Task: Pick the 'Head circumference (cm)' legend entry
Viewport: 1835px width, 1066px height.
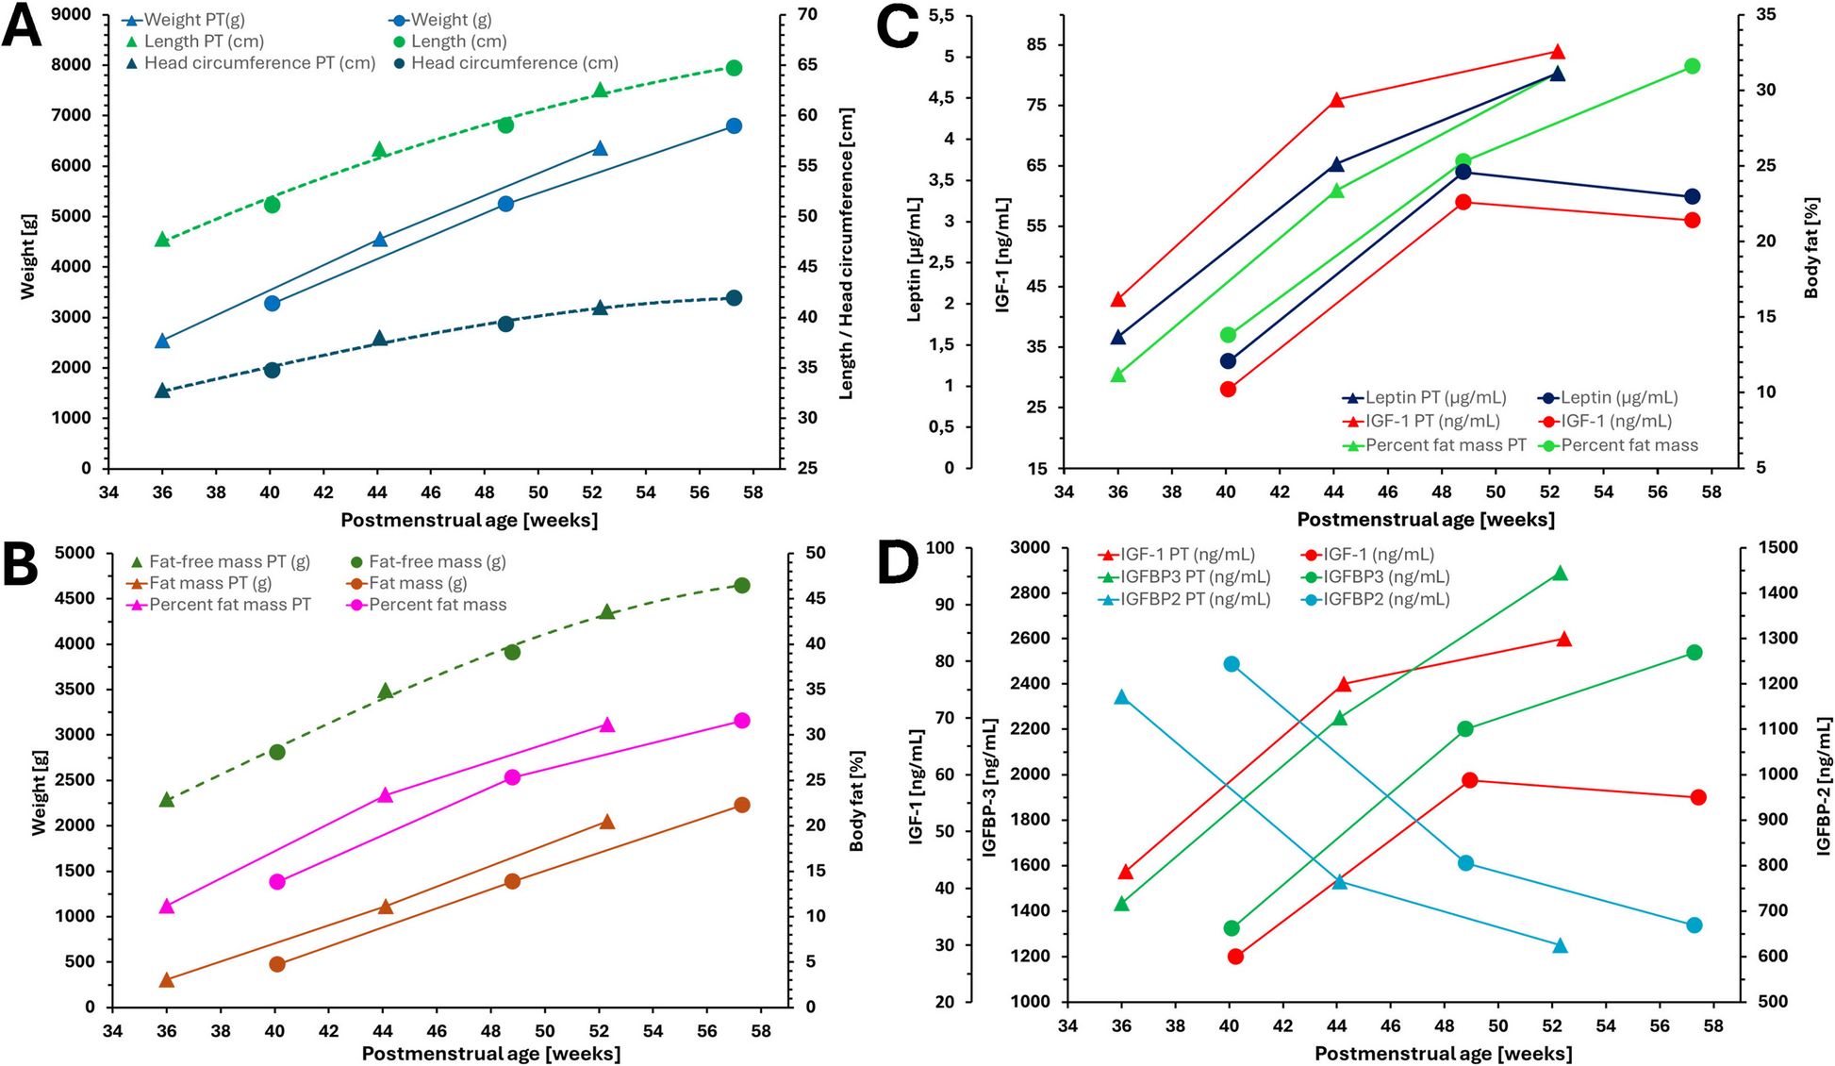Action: (514, 63)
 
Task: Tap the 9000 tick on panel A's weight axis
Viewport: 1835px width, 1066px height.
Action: (73, 15)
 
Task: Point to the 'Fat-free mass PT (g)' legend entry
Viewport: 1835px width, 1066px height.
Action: (229, 562)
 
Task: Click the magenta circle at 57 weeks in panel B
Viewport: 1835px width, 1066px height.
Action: (741, 721)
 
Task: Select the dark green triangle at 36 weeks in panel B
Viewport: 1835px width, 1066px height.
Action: (167, 800)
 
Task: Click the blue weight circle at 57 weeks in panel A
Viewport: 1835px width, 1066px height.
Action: (734, 126)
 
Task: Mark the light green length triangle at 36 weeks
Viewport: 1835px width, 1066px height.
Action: (162, 240)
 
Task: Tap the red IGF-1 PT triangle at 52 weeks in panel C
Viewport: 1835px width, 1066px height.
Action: (1557, 52)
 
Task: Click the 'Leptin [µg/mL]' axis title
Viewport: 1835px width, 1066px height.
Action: (914, 259)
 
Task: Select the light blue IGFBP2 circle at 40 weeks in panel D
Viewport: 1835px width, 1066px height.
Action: (1232, 664)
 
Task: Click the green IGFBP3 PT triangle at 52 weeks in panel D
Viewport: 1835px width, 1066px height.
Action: (1560, 574)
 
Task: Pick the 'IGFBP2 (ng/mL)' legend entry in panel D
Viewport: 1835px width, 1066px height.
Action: (1386, 599)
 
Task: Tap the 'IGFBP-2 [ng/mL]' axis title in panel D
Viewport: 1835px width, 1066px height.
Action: (1824, 787)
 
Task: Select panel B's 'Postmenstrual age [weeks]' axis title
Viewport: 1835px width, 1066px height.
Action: (490, 1054)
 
